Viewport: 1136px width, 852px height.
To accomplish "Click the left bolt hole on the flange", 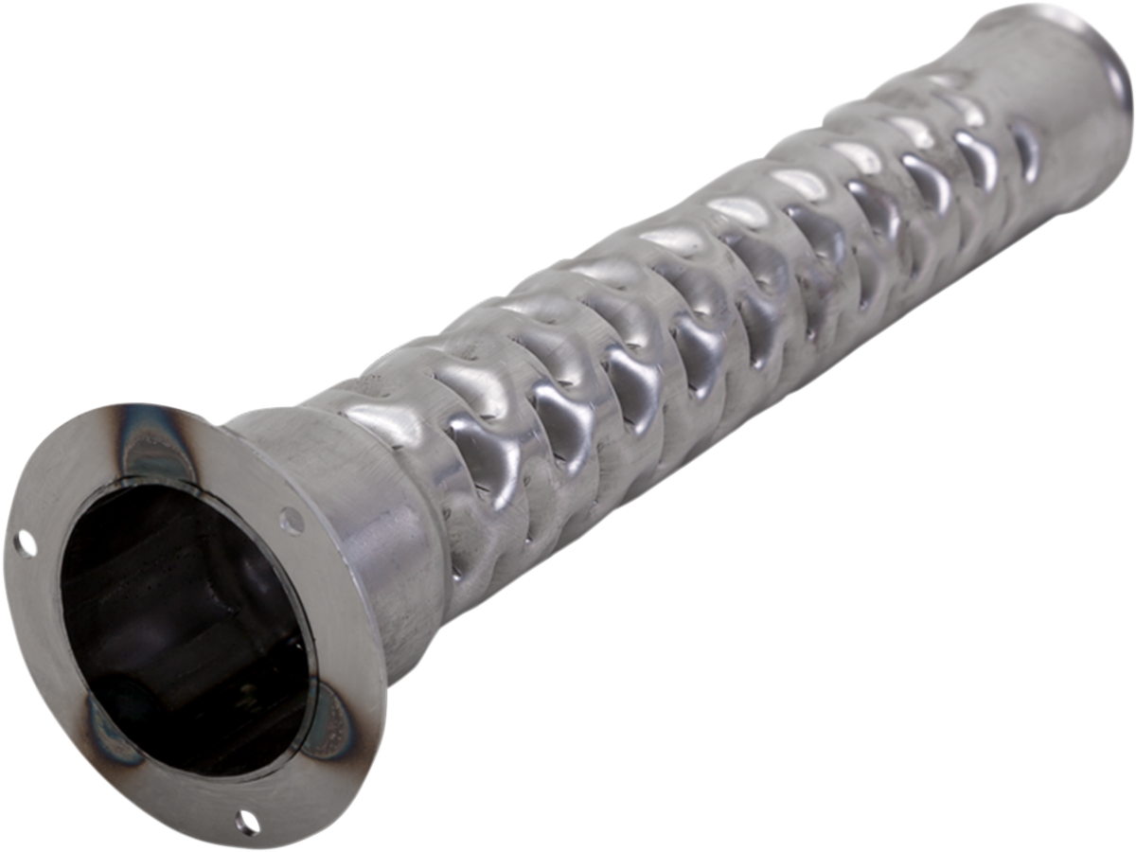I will pos(27,544).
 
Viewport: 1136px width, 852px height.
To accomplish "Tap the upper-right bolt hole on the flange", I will pos(292,520).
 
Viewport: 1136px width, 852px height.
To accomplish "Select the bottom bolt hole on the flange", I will pos(247,819).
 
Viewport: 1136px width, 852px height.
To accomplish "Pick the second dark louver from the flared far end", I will pos(976,156).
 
